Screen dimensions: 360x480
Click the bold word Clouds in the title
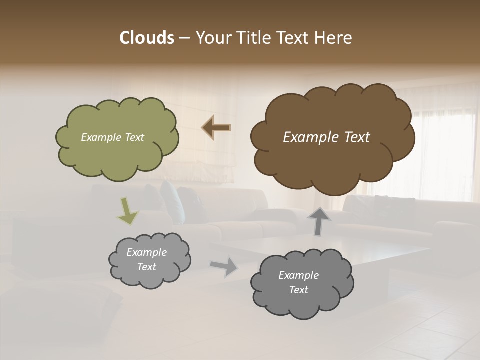point(146,38)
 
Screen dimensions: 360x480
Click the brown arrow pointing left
point(216,128)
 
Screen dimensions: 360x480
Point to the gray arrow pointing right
point(224,266)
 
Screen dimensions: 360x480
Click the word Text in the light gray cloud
point(147,267)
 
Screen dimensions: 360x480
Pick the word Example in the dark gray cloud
point(298,275)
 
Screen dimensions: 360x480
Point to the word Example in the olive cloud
point(101,137)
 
